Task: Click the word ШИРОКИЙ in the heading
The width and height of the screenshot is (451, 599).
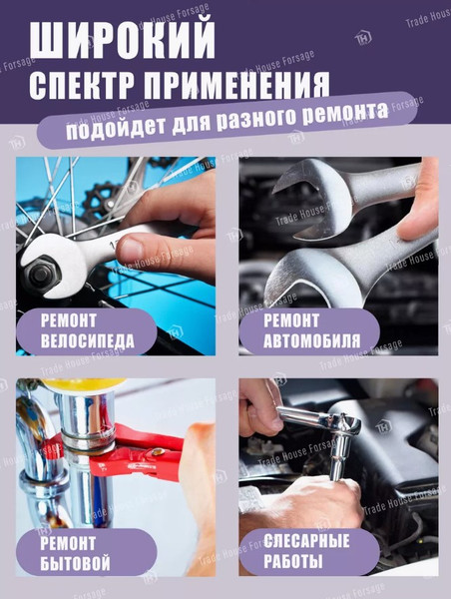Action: click(x=122, y=40)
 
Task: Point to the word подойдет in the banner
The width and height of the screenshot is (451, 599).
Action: click(x=116, y=128)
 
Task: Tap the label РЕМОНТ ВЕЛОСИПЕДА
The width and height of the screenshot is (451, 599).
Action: click(x=88, y=330)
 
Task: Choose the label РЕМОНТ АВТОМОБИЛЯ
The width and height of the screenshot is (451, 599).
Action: click(x=311, y=330)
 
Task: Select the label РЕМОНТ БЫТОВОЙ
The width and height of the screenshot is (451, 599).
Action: click(x=75, y=553)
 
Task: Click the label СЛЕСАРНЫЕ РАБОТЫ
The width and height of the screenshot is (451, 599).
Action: click(x=306, y=551)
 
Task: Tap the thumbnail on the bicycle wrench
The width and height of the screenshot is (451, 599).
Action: click(x=130, y=249)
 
